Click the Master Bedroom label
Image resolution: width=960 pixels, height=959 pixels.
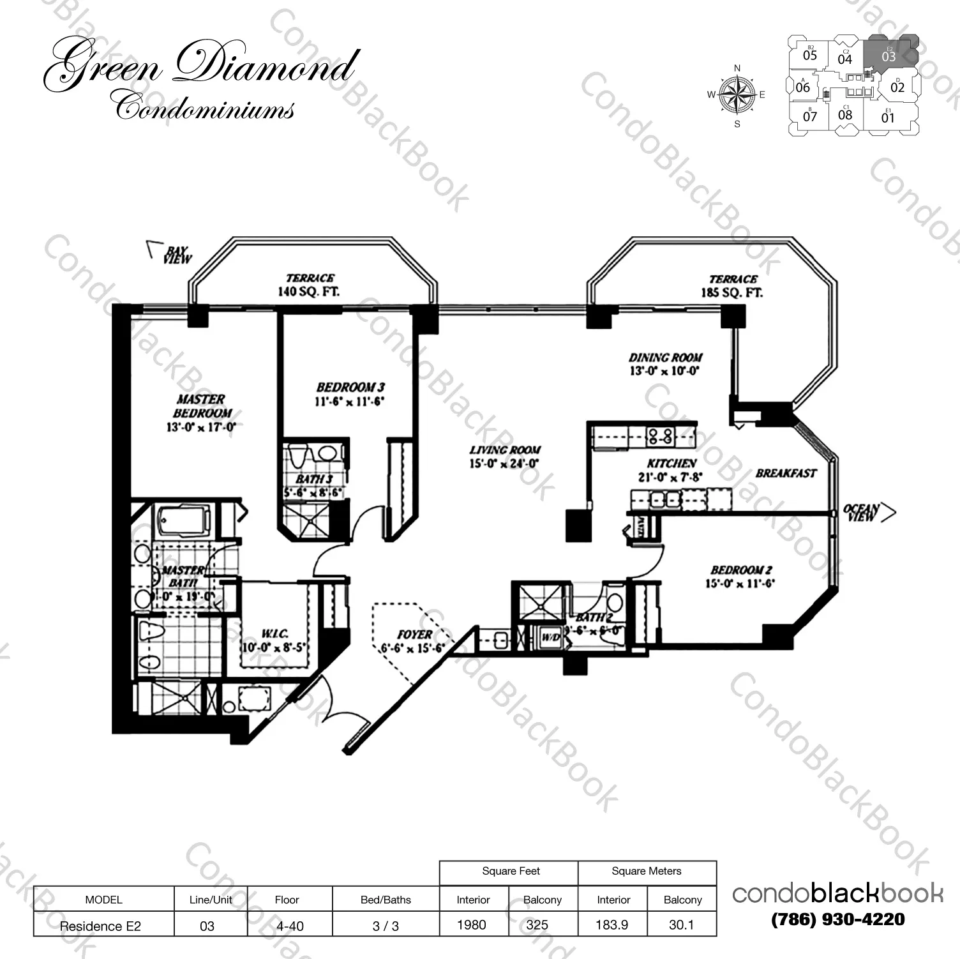[201, 406]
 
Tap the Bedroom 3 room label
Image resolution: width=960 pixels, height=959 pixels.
[350, 388]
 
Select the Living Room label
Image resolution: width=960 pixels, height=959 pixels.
[505, 450]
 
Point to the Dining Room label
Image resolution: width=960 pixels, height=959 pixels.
[665, 358]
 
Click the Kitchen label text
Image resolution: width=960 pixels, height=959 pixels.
[671, 464]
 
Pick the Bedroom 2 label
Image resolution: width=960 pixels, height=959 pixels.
[741, 570]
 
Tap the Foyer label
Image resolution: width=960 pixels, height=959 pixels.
[414, 635]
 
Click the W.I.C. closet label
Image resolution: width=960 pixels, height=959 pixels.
[274, 634]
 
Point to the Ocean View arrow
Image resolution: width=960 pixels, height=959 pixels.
[887, 512]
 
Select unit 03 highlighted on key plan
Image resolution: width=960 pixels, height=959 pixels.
[889, 56]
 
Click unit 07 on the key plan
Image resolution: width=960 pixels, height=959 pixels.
[810, 116]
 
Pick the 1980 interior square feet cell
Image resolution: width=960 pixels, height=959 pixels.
[472, 925]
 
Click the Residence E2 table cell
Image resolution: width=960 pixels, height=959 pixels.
[100, 926]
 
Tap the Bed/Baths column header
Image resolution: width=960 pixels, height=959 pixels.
[386, 900]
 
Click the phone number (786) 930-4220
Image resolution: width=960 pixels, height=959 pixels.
[837, 919]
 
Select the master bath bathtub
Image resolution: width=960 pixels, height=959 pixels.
[184, 520]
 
